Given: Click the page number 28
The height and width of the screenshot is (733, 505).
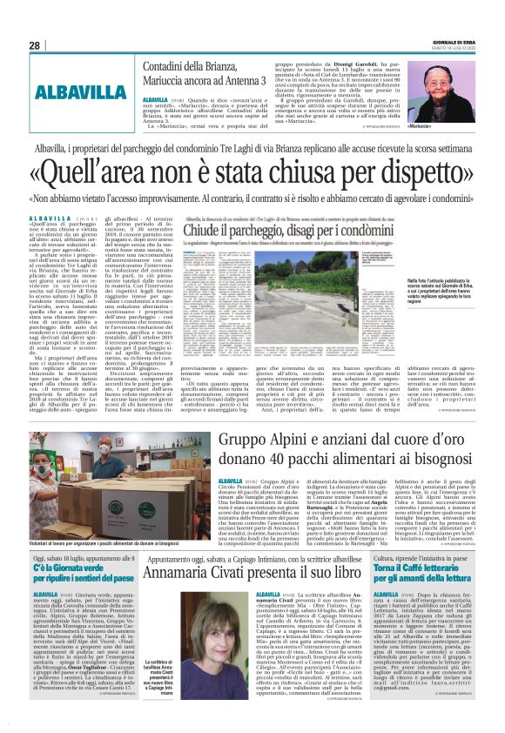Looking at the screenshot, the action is click(x=35, y=45).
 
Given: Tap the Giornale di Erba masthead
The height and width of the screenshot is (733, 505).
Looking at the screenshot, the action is click(x=461, y=42).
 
